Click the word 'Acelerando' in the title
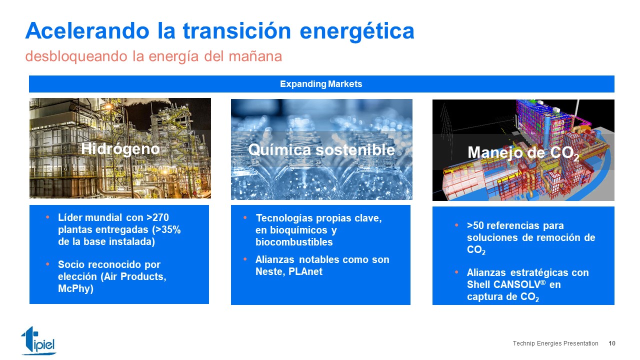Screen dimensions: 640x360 87,30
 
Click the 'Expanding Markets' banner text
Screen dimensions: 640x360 321,84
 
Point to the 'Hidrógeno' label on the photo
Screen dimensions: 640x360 120,149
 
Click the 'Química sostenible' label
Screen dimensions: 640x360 321,149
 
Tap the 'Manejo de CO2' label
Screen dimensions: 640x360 523,153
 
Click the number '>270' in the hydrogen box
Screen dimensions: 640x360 157,217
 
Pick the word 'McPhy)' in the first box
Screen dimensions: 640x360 75,288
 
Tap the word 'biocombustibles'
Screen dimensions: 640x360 294,242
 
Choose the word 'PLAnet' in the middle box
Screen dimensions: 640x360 305,271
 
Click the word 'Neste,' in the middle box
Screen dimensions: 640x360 270,271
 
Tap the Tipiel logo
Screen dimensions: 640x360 38,340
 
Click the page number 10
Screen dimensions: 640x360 611,343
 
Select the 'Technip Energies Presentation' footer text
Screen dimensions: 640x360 555,343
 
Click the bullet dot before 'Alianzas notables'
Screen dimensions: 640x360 245,259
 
